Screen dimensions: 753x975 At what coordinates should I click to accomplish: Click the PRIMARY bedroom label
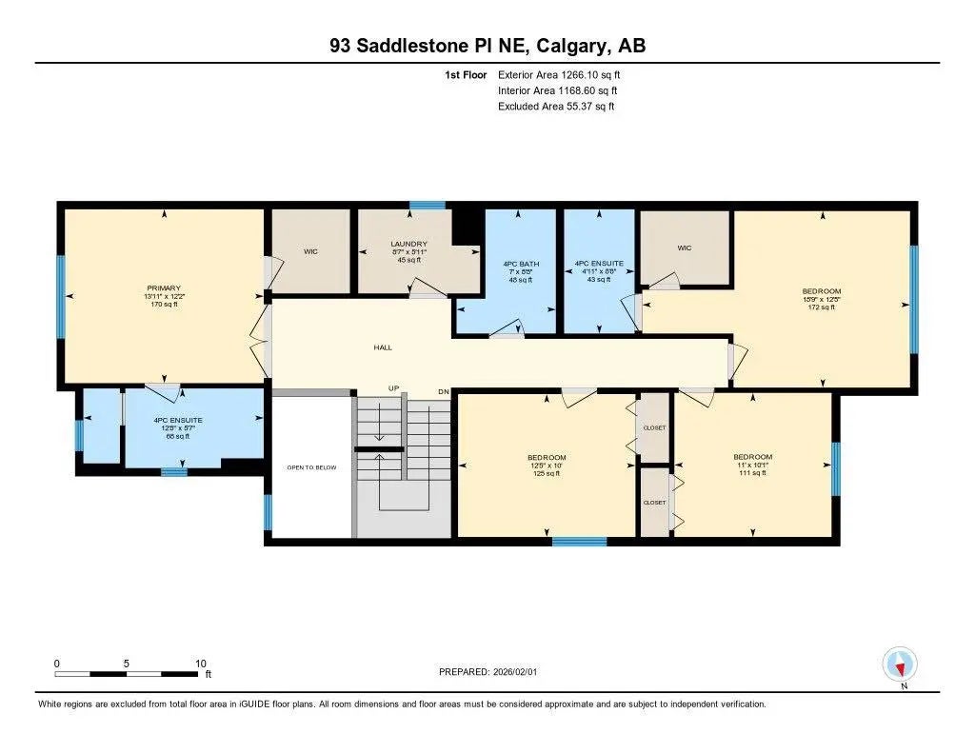(x=164, y=287)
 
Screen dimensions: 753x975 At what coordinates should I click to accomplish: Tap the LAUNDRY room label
(x=408, y=244)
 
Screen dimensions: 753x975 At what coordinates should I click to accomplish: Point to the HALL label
(x=383, y=347)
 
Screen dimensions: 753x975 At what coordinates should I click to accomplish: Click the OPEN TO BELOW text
(x=308, y=467)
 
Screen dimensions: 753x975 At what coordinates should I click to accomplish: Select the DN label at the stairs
(x=444, y=391)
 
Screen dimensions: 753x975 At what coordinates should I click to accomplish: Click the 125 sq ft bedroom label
(x=547, y=458)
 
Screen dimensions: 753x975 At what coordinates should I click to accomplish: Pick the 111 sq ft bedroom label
(x=752, y=457)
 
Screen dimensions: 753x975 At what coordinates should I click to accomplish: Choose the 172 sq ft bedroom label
(x=820, y=292)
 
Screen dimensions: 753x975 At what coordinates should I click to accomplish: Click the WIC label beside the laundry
(x=310, y=252)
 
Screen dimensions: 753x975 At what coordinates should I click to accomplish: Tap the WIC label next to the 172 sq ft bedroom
(x=684, y=248)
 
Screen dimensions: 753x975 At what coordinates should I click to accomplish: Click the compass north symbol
(x=899, y=664)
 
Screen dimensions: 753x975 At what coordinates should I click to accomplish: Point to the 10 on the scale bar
(x=201, y=664)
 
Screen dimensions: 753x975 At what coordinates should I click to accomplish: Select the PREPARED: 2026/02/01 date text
(x=493, y=671)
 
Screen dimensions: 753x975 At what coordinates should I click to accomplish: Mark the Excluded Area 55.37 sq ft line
(x=556, y=107)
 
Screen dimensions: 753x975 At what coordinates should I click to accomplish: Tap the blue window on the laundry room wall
(x=428, y=205)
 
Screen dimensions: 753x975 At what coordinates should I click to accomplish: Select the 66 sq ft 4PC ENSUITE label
(x=178, y=420)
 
